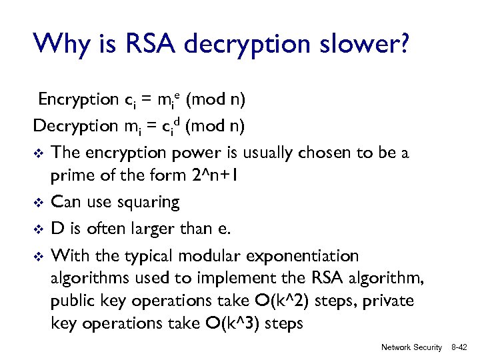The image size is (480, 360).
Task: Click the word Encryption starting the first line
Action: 77,100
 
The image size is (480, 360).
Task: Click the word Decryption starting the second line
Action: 75,126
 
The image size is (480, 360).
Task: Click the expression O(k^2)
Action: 294,301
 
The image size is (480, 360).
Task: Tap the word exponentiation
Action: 303,256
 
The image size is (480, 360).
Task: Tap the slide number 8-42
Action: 460,347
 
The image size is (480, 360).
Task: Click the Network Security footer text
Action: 411,347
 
